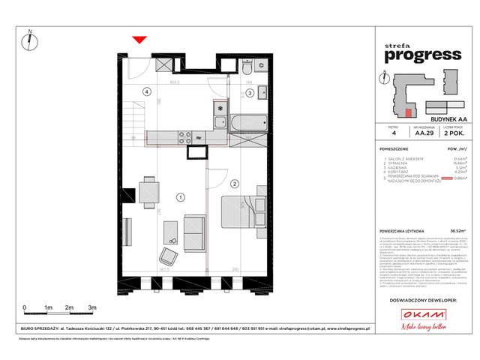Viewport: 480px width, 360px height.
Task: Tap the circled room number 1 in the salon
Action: coord(180,197)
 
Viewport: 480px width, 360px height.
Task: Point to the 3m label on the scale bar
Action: coord(91,308)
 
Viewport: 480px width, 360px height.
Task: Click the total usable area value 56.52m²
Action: coord(451,231)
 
